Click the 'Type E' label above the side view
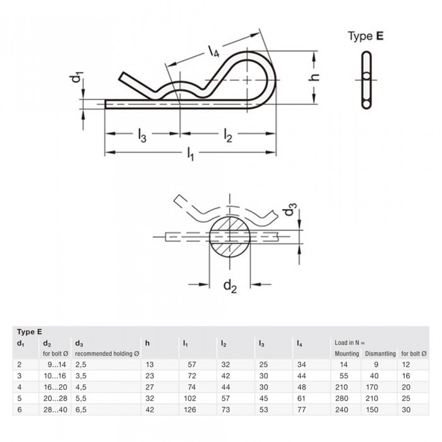click(366, 36)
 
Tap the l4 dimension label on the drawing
click(213, 51)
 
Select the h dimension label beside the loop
click(313, 77)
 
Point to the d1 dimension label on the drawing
click(77, 78)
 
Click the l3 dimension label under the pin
click(142, 135)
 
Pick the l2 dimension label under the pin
click(228, 135)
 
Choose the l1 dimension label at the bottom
click(191, 154)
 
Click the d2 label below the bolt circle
click(230, 286)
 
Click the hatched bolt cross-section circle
click(230, 236)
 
